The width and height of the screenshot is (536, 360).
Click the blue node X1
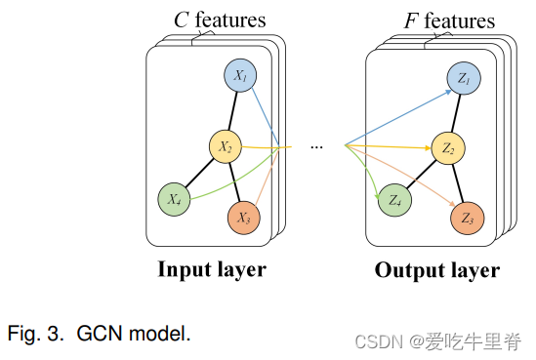[240, 75]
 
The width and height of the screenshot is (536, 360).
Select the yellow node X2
[226, 147]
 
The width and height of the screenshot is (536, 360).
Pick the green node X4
[174, 199]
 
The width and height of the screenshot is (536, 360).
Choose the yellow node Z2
[449, 148]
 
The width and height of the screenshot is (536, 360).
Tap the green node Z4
[393, 200]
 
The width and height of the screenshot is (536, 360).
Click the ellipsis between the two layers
[316, 147]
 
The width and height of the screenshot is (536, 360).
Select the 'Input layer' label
[212, 269]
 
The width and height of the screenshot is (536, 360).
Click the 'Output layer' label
[436, 270]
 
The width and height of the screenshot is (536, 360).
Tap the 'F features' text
[449, 20]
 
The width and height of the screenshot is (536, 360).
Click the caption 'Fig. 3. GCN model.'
[99, 335]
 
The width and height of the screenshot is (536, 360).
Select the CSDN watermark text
[438, 340]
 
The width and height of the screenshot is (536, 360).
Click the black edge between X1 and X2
[233, 110]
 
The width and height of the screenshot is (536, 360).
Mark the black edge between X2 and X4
[199, 174]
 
